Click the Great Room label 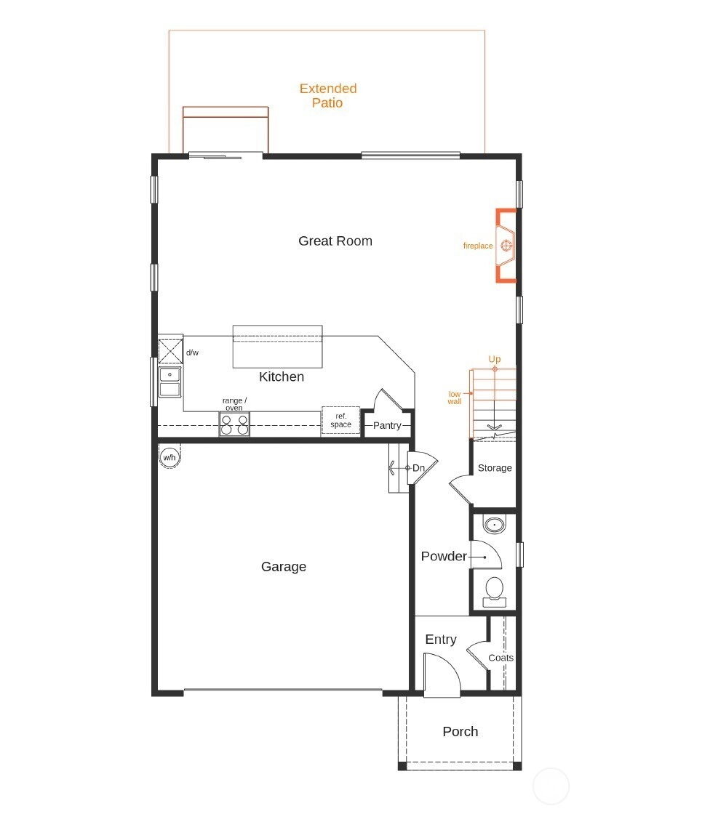pyautogui.click(x=335, y=241)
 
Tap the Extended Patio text pyautogui.click(x=328, y=95)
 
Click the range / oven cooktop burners pyautogui.click(x=234, y=424)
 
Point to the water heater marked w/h pyautogui.click(x=169, y=457)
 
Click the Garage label pyautogui.click(x=283, y=566)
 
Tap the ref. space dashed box pyautogui.click(x=340, y=420)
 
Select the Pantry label pyautogui.click(x=387, y=425)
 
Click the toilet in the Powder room pyautogui.click(x=494, y=592)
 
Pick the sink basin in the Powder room pyautogui.click(x=494, y=524)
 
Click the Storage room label pyautogui.click(x=495, y=468)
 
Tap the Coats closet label pyautogui.click(x=501, y=658)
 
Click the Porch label pyautogui.click(x=460, y=731)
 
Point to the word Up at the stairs pyautogui.click(x=494, y=359)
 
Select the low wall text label pyautogui.click(x=454, y=398)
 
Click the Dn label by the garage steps pyautogui.click(x=418, y=468)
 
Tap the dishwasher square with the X pyautogui.click(x=170, y=351)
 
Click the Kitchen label pyautogui.click(x=282, y=376)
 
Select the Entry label pyautogui.click(x=441, y=639)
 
